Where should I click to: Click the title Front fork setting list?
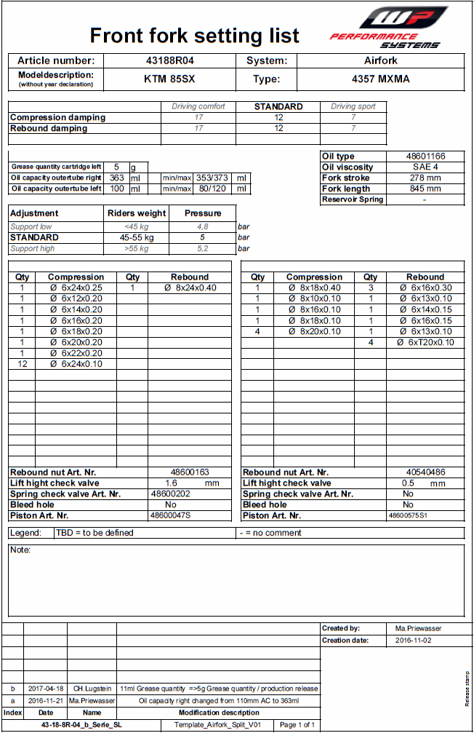pos(194,36)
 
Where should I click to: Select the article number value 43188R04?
pos(171,61)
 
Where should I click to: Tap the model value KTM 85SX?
pos(171,79)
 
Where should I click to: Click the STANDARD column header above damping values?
pos(278,106)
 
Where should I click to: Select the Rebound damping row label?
pos(49,128)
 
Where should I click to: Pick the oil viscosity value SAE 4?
pos(425,167)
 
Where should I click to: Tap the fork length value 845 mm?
pos(425,189)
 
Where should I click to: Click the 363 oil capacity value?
pos(116,178)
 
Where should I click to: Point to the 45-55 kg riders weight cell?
pos(137,237)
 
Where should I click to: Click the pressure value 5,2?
pos(202,248)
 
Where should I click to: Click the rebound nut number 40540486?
pos(425,472)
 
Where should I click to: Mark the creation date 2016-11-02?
pos(414,641)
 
